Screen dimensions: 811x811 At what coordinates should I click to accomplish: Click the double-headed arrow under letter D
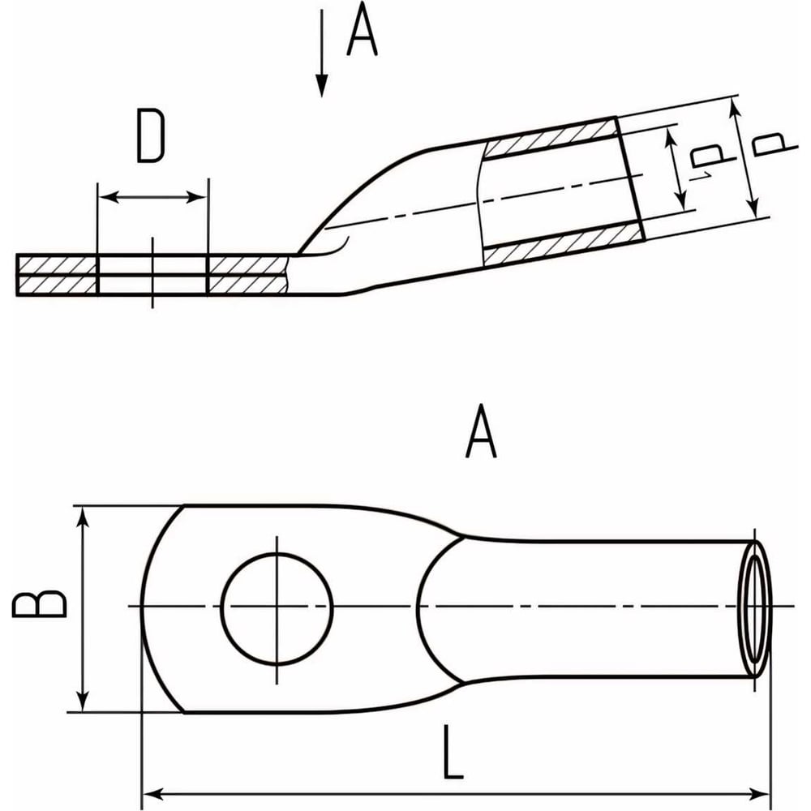coord(152,197)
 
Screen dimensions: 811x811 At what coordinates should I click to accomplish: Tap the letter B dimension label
coord(41,603)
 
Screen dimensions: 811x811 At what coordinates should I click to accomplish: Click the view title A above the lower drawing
coord(481,436)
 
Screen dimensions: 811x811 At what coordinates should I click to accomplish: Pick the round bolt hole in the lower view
coord(277,607)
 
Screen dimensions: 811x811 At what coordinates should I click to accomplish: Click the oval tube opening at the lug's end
coord(756,608)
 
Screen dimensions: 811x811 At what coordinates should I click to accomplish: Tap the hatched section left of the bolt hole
coord(57,274)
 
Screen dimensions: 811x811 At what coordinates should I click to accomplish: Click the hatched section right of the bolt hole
coord(247,274)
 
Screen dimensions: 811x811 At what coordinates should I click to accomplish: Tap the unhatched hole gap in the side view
coord(152,274)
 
